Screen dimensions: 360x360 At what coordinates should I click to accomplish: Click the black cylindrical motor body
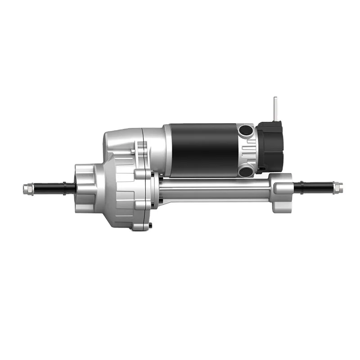click(205, 144)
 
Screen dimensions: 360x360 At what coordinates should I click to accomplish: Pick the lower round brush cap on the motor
click(246, 171)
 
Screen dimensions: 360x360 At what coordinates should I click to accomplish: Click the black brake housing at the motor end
click(271, 146)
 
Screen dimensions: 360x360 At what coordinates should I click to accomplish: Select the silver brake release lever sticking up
click(276, 108)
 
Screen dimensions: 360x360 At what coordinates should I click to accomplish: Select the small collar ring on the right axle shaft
click(297, 187)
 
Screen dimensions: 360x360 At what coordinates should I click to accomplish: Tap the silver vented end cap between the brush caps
click(249, 151)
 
